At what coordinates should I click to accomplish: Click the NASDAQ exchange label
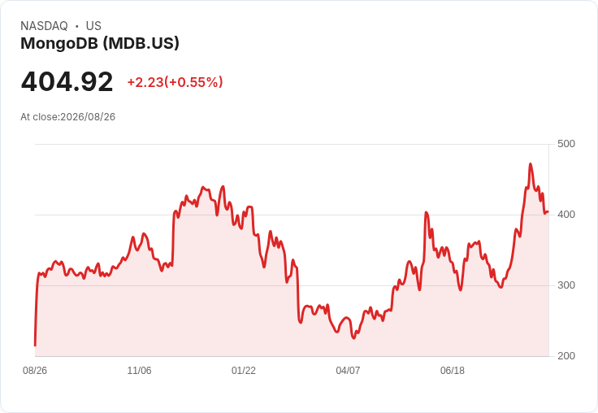tap(44, 26)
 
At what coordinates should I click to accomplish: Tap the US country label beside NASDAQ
tap(93, 26)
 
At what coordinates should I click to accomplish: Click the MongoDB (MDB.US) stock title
tap(100, 44)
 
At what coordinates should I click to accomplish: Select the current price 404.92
tap(67, 81)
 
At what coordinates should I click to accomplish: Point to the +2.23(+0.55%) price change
tap(175, 82)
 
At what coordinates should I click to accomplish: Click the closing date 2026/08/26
tap(88, 117)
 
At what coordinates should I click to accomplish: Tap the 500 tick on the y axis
tap(566, 144)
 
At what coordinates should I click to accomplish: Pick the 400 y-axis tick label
tap(566, 215)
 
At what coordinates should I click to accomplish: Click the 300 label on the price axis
tap(566, 285)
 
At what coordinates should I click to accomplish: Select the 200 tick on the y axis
tap(566, 356)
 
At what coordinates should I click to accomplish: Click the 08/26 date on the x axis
tap(35, 371)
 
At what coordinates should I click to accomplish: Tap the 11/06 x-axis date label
tap(139, 371)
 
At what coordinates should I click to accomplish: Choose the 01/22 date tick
tap(244, 371)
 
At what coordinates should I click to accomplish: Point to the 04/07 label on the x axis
tap(348, 371)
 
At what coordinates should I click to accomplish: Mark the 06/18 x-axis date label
tap(453, 371)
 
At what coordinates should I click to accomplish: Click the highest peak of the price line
tap(531, 163)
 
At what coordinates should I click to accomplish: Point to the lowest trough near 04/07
tap(353, 338)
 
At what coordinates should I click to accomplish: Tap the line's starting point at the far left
tap(36, 346)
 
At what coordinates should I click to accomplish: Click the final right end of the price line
tap(548, 212)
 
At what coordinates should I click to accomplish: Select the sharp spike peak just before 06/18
tap(426, 212)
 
